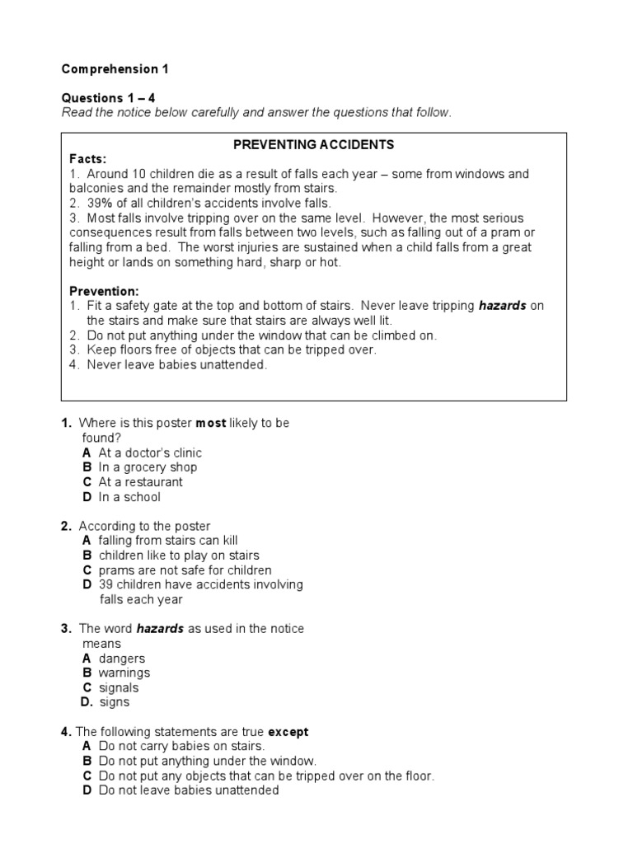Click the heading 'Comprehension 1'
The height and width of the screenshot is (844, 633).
point(115,69)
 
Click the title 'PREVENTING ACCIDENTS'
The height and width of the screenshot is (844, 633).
point(314,145)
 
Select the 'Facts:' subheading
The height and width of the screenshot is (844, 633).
point(88,159)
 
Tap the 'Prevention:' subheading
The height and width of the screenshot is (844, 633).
point(104,292)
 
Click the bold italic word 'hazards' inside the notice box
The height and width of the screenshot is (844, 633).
point(503,306)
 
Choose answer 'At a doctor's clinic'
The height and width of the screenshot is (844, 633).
point(149,452)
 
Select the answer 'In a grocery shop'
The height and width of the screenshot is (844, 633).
point(148,467)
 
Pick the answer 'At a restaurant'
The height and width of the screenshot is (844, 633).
point(140,482)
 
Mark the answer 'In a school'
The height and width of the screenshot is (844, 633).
point(129,497)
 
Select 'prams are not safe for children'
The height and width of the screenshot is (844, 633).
point(185,570)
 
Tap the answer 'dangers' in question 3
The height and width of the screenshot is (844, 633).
point(122,659)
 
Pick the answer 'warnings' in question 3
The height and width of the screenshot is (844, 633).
point(124,673)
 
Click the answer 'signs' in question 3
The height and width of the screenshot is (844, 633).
point(115,703)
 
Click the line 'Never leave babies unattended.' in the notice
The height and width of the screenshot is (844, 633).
point(176,365)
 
